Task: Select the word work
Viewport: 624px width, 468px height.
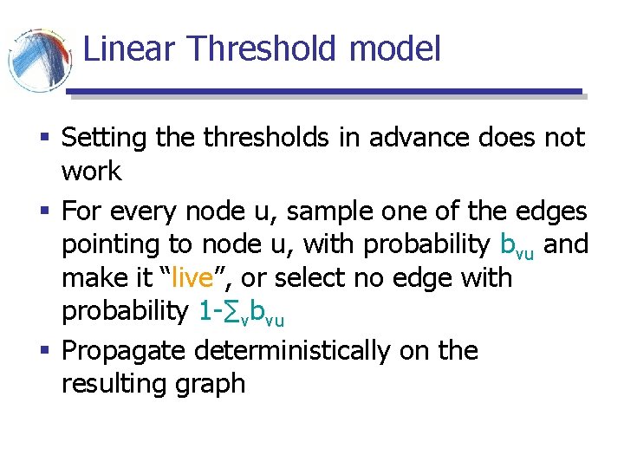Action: point(91,172)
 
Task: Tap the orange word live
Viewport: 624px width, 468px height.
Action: point(191,279)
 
